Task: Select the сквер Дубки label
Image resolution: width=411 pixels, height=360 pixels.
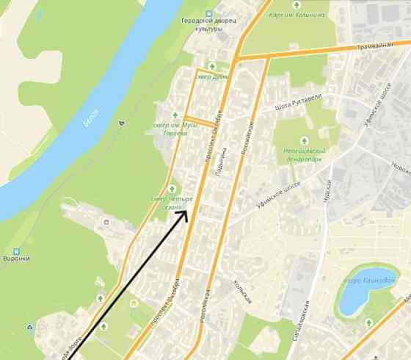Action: click(x=212, y=76)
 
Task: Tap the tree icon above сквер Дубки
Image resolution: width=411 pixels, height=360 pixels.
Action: click(x=213, y=65)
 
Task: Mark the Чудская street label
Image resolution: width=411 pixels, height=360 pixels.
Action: click(x=328, y=193)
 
